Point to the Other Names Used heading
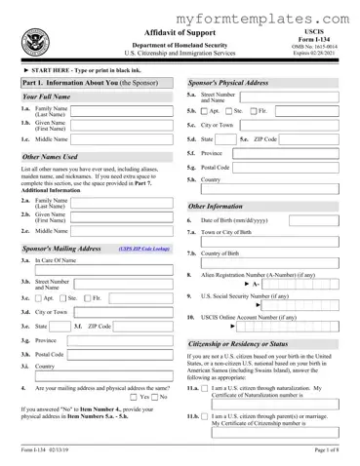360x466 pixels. click(x=50, y=156)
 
